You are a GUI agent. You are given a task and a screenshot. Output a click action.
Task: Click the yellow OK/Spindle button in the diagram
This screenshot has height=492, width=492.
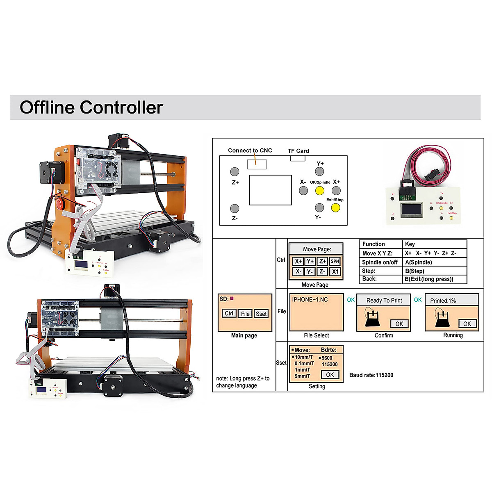[320, 191]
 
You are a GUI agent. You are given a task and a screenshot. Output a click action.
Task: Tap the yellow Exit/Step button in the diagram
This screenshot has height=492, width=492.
[335, 208]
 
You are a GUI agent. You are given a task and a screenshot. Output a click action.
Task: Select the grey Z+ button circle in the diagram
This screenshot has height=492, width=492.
[235, 172]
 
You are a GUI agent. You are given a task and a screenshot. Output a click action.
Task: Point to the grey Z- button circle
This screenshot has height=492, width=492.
[235, 208]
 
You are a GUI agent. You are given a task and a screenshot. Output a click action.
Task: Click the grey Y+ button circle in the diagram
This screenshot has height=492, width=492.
[320, 172]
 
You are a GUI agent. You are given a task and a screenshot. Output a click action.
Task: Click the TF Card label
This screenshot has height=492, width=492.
[298, 151]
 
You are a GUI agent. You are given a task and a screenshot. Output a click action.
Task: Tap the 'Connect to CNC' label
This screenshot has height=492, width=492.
[250, 150]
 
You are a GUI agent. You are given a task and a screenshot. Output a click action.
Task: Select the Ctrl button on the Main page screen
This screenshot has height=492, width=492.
[229, 314]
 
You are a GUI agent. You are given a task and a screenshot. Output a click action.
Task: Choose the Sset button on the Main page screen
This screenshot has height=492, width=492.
[261, 314]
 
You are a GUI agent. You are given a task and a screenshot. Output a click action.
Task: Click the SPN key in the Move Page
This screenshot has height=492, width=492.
[335, 261]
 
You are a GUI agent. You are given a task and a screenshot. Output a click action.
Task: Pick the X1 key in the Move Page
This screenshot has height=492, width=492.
[335, 271]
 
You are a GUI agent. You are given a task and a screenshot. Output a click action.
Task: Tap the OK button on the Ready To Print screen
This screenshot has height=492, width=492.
[399, 324]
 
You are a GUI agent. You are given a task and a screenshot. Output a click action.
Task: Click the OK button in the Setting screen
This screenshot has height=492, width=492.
[330, 375]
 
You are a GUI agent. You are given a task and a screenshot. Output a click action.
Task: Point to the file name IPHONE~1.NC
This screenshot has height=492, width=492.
[310, 300]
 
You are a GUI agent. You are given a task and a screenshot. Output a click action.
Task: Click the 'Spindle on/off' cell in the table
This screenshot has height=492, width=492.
[380, 262]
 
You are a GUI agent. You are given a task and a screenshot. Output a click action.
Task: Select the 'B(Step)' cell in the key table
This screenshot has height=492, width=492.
[415, 271]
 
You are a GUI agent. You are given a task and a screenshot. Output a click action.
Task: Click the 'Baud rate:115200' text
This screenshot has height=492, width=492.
[371, 375]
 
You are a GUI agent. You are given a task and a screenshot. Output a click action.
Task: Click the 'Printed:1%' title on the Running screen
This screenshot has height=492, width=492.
[443, 301]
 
